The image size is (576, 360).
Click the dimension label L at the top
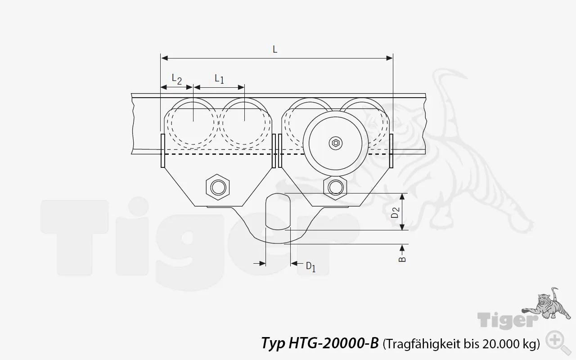[275, 49]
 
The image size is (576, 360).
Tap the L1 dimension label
[219, 79]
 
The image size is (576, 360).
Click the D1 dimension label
[310, 266]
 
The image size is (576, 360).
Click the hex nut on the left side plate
[218, 187]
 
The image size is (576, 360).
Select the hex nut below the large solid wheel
[335, 186]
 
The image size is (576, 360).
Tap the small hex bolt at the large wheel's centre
[335, 143]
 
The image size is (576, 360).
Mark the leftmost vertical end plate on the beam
[162, 150]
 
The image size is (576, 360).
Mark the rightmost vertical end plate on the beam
[392, 150]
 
